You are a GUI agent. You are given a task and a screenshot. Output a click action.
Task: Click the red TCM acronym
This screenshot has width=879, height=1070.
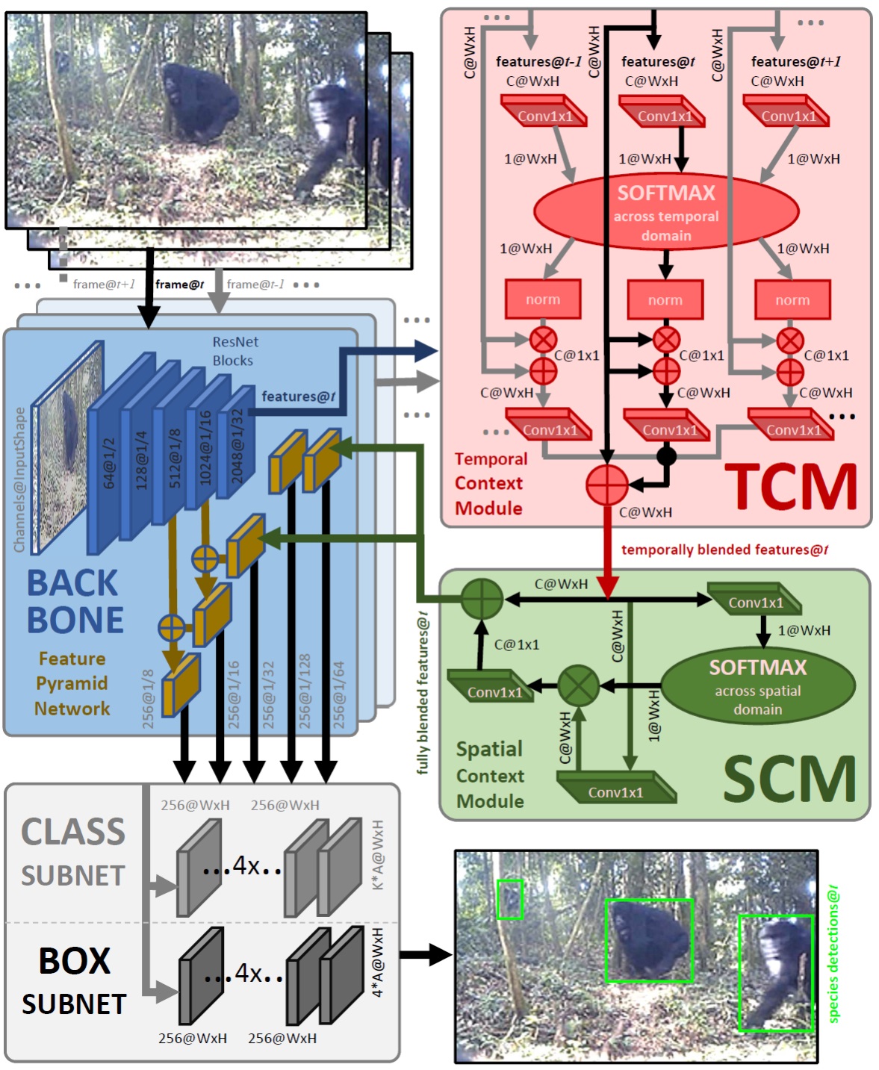[x=791, y=487]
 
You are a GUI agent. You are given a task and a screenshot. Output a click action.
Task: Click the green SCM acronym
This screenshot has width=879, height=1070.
[x=789, y=779]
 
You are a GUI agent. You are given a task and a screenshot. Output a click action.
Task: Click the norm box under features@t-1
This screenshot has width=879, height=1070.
[x=543, y=299]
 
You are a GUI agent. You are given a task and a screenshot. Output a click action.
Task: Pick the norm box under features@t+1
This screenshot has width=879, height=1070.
[x=792, y=300]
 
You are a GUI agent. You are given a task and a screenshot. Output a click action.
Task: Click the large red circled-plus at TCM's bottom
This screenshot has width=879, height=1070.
[x=607, y=485]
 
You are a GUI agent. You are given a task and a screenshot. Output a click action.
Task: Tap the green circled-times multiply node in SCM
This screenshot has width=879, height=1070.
[x=579, y=685]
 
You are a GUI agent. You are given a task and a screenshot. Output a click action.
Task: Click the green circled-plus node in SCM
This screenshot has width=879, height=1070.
[x=482, y=599]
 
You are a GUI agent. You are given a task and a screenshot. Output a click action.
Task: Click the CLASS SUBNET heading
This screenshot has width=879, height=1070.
[x=73, y=852]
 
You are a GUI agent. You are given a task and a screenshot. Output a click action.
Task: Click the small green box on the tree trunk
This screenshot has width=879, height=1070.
[x=509, y=899]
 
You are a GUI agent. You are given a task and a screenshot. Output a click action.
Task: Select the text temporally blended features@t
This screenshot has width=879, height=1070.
[x=724, y=550]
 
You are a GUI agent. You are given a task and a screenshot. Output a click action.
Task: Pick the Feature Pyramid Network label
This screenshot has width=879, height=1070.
[x=72, y=683]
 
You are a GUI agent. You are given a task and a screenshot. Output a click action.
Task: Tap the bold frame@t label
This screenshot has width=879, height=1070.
[x=179, y=284]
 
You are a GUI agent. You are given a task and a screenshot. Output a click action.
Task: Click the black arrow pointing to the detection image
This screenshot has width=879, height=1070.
[x=426, y=954]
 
